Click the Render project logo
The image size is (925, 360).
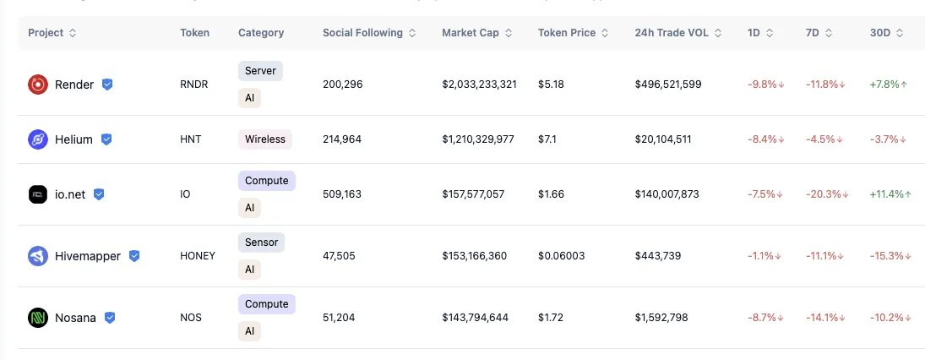pyautogui.click(x=37, y=85)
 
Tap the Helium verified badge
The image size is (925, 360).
pyautogui.click(x=106, y=139)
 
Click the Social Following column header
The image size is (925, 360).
pyautogui.click(x=362, y=33)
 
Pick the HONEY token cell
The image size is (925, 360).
pyautogui.click(x=198, y=256)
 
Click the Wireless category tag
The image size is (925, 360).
pyautogui.click(x=265, y=139)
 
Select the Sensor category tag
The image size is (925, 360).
pyautogui.click(x=260, y=243)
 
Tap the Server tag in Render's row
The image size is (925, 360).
pyautogui.click(x=260, y=71)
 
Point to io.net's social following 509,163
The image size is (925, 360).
pyautogui.click(x=342, y=194)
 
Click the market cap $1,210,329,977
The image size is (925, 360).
pyautogui.click(x=478, y=139)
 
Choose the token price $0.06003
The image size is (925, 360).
pyautogui.click(x=561, y=256)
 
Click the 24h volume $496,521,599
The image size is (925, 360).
pyautogui.click(x=668, y=85)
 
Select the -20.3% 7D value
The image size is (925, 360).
pyautogui.click(x=826, y=194)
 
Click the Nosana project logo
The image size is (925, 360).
pyautogui.click(x=37, y=318)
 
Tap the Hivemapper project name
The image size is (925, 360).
pyautogui.click(x=88, y=256)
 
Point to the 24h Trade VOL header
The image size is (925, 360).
pyautogui.click(x=672, y=33)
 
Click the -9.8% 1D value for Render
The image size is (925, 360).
pyautogui.click(x=764, y=85)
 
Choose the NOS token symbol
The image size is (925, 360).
pyautogui.click(x=191, y=318)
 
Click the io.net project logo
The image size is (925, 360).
pyautogui.click(x=37, y=194)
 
